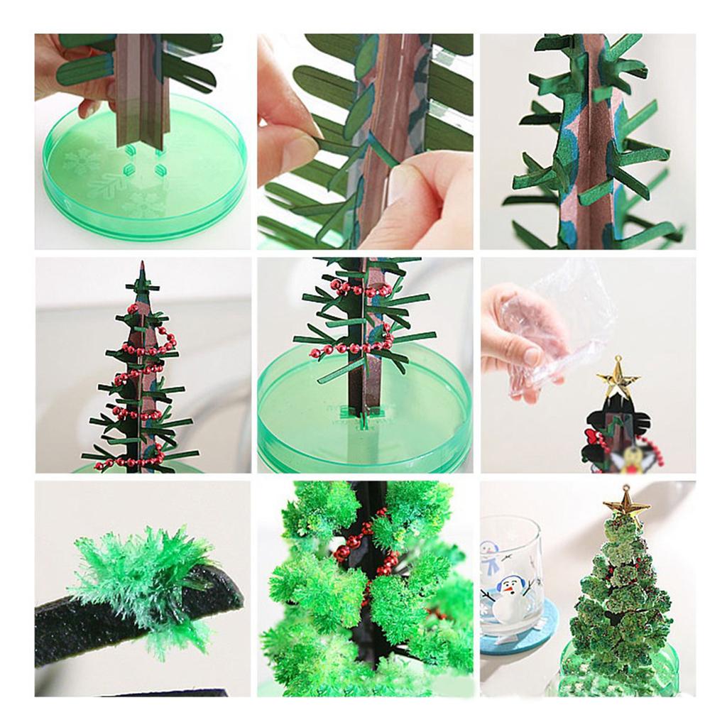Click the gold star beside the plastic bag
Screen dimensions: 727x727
point(617,377)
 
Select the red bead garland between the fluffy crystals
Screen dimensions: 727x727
point(369,561)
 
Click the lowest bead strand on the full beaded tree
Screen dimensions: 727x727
point(131,462)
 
